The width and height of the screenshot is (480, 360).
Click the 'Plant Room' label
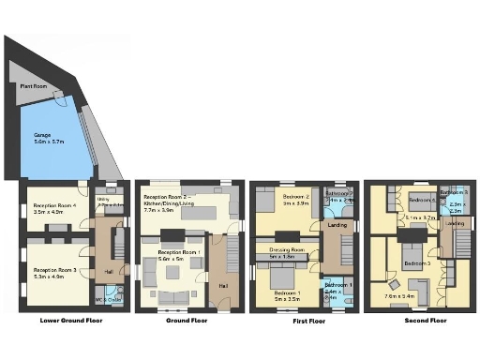[33, 85]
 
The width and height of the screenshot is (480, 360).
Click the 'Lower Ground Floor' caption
[71, 320]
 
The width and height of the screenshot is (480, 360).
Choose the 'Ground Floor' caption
[187, 320]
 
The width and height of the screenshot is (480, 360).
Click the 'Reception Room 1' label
[177, 251]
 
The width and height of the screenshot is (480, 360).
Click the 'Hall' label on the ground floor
[223, 285]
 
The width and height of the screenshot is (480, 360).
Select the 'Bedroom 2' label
[296, 198]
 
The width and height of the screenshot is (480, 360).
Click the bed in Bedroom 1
[283, 278]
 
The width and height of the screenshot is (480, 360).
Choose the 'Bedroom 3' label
[417, 263]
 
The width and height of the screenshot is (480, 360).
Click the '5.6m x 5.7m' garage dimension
[49, 142]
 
